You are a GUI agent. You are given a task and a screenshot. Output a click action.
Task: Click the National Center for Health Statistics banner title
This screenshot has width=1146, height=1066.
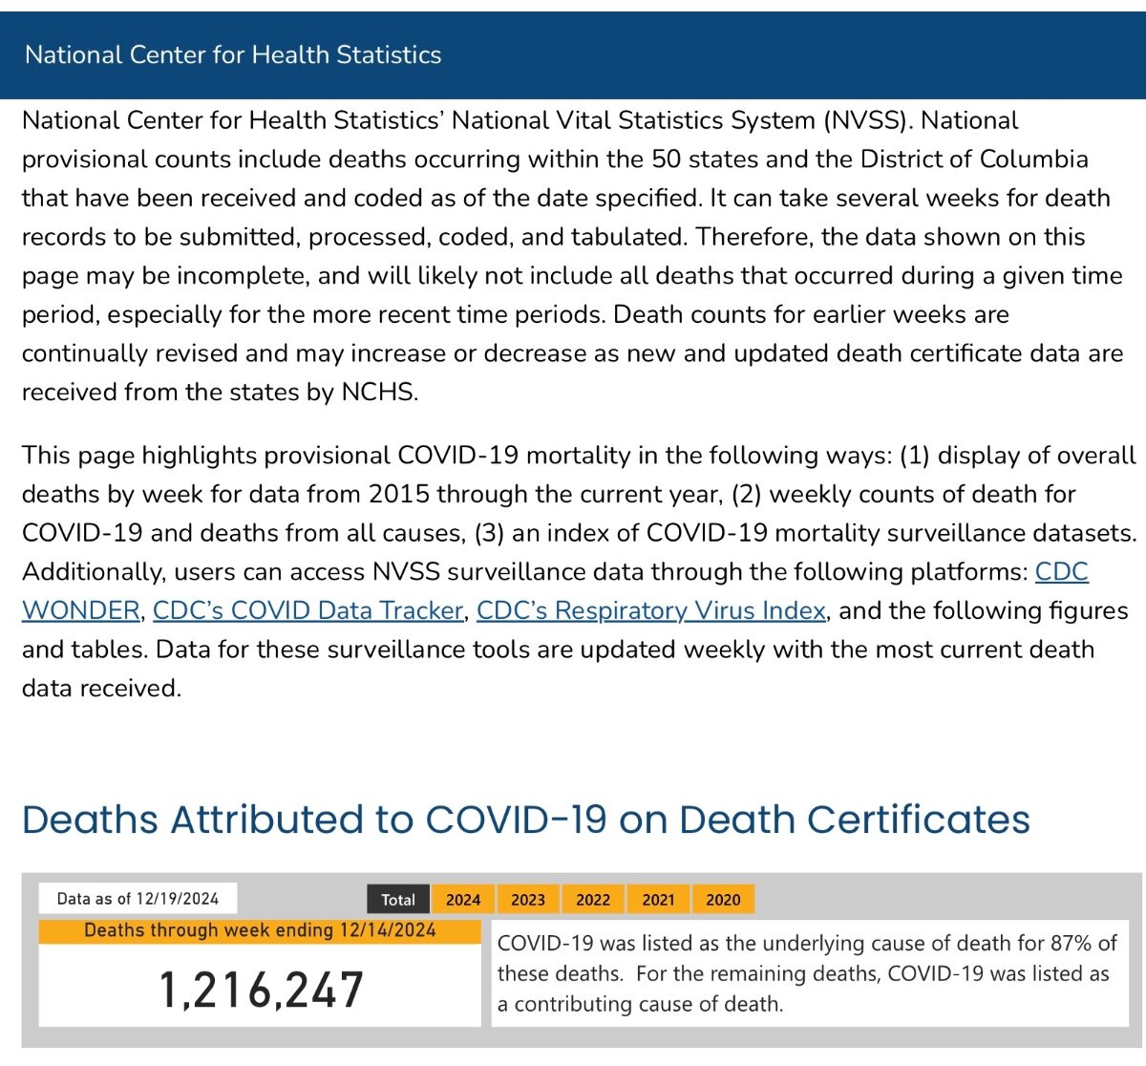[x=233, y=54]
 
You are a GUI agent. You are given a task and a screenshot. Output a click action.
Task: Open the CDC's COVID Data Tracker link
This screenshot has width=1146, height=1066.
[x=308, y=610]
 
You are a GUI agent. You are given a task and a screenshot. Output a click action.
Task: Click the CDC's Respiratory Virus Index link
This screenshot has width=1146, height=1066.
[x=650, y=610]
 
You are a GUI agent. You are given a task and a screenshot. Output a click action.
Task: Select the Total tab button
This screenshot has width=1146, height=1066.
[x=397, y=899]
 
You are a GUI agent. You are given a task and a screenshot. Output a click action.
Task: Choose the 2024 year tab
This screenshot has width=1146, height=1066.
[x=463, y=899]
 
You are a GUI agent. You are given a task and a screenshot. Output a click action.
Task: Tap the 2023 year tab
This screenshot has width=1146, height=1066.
[x=528, y=899]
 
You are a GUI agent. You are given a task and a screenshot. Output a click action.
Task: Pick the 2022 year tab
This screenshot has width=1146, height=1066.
[x=593, y=899]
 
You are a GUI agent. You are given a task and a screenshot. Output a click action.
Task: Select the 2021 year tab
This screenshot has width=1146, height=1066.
[x=658, y=899]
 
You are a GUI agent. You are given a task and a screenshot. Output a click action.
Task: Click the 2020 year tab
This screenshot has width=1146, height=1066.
[x=723, y=899]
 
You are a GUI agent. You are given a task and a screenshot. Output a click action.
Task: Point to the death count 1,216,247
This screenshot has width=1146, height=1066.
[x=262, y=990]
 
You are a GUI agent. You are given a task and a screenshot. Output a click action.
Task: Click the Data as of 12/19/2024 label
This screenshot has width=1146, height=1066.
[x=138, y=899]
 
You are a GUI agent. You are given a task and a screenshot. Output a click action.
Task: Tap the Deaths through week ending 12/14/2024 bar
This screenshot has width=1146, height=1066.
[x=260, y=930]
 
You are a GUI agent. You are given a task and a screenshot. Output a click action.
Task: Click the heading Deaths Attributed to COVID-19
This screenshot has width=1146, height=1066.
[x=525, y=820]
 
